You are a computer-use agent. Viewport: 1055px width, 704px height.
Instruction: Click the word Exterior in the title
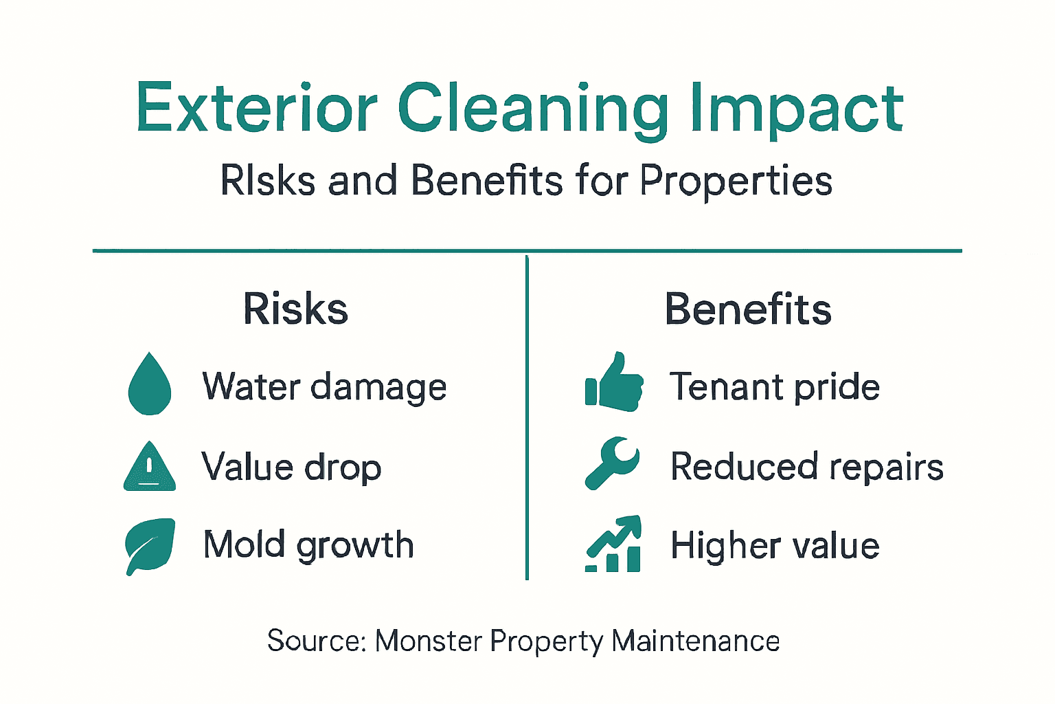257,107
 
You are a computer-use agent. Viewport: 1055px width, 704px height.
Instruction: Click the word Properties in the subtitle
736,181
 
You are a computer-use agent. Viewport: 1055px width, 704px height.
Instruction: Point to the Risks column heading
296,309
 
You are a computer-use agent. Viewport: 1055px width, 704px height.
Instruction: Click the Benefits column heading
748,309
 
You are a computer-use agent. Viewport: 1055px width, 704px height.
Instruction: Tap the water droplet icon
150,384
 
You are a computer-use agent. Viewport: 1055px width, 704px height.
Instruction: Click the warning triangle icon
150,466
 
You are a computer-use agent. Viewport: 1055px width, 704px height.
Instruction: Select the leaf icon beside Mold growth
150,547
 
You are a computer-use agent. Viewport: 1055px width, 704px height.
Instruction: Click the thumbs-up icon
614,382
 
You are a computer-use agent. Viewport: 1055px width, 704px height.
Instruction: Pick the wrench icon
612,463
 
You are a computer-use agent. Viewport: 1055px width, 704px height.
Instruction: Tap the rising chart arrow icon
613,544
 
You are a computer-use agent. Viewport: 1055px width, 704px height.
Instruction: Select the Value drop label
291,467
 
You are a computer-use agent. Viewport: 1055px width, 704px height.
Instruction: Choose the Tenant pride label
774,386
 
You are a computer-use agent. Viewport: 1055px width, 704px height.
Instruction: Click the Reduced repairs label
807,467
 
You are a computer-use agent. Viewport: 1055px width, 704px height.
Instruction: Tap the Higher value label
775,546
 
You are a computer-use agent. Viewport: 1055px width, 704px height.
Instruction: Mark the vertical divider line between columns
527,418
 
